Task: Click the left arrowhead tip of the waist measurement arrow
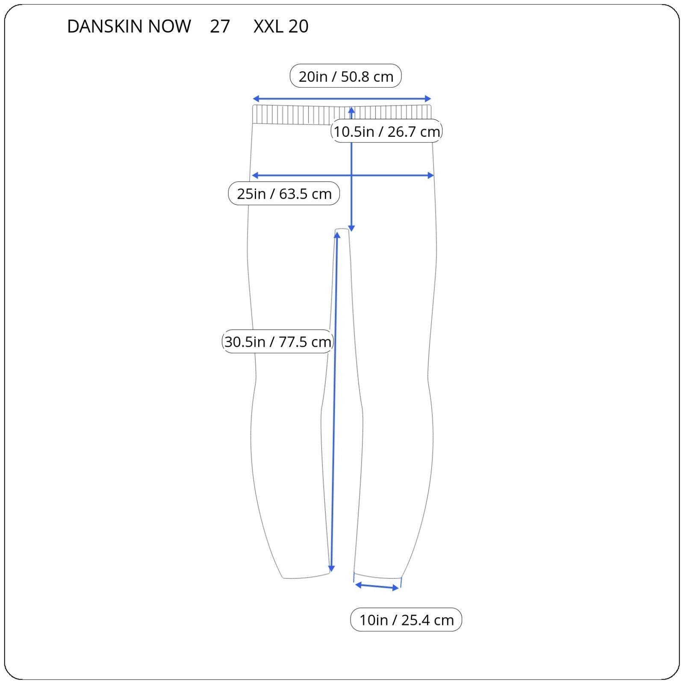pyautogui.click(x=253, y=99)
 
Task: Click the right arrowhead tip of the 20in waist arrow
pyautogui.click(x=431, y=99)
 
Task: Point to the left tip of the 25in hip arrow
pyautogui.click(x=252, y=175)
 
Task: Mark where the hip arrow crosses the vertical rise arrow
pyautogui.click(x=351, y=175)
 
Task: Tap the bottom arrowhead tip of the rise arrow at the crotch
pyautogui.click(x=351, y=231)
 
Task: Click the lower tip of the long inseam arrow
pyautogui.click(x=331, y=572)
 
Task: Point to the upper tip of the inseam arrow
pyautogui.click(x=337, y=232)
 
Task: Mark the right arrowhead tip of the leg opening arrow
pyautogui.click(x=399, y=589)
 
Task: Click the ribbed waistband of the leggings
pyautogui.click(x=342, y=115)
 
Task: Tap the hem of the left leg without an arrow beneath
pyautogui.click(x=306, y=576)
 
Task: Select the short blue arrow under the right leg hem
pyautogui.click(x=377, y=587)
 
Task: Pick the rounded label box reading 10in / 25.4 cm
pyautogui.click(x=406, y=619)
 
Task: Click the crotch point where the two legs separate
pyautogui.click(x=342, y=230)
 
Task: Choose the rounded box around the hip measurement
pyautogui.click(x=284, y=194)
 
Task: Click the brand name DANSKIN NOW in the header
pyautogui.click(x=129, y=27)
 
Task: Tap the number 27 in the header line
pyautogui.click(x=220, y=27)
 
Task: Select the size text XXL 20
pyautogui.click(x=281, y=27)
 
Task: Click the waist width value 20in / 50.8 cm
pyautogui.click(x=346, y=77)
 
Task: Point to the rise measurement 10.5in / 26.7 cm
pyautogui.click(x=387, y=131)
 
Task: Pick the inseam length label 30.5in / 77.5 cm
pyautogui.click(x=278, y=342)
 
